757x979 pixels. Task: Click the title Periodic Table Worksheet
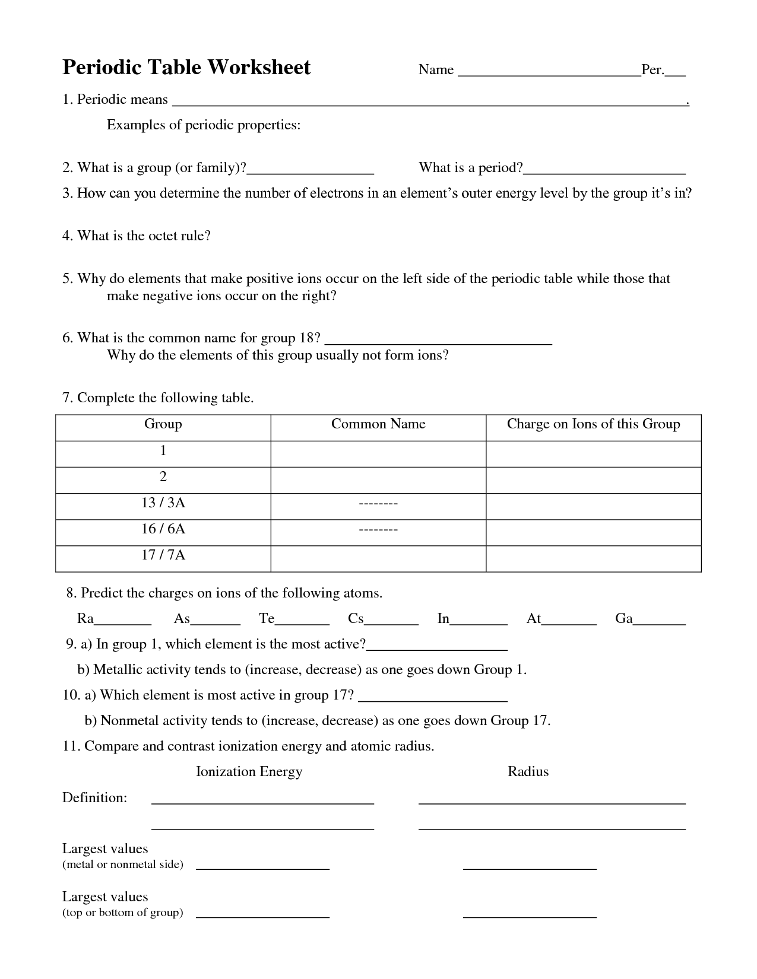tap(186, 68)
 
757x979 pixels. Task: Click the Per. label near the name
tap(653, 70)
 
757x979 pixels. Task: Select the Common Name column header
tap(378, 424)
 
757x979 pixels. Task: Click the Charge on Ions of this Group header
tap(593, 424)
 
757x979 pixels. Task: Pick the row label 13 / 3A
tap(163, 503)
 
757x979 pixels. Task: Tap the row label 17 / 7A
tap(163, 555)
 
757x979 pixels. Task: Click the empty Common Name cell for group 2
tap(378, 480)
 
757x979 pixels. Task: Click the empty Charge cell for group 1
tap(593, 454)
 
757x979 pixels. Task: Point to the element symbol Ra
tap(85, 619)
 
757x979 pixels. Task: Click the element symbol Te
tap(267, 619)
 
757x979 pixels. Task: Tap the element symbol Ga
tap(624, 619)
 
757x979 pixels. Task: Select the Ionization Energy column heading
tap(249, 771)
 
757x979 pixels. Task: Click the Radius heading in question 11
tap(528, 771)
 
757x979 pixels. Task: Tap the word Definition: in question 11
tap(95, 797)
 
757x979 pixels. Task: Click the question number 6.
tap(67, 338)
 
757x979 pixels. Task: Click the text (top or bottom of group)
tap(123, 913)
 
